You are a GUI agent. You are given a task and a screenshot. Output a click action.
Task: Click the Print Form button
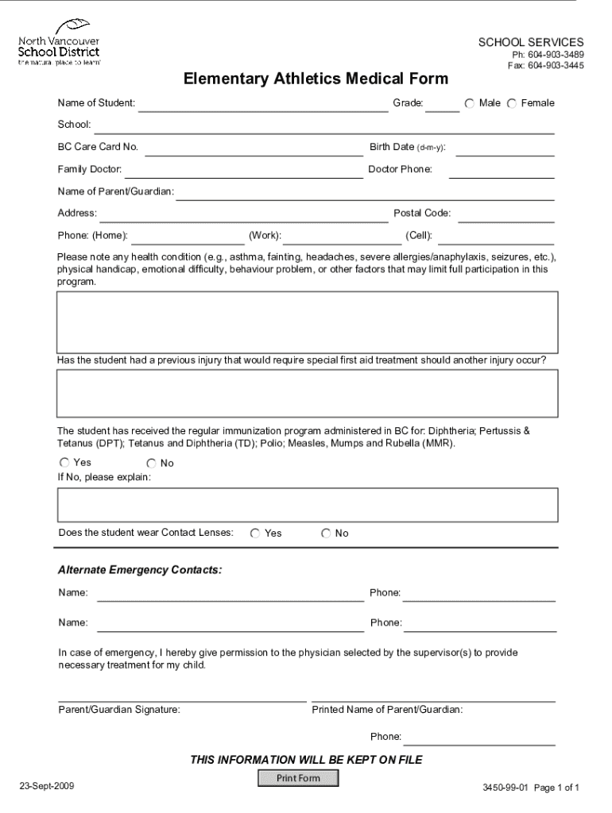tap(298, 778)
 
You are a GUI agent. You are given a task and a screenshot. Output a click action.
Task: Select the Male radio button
tap(470, 104)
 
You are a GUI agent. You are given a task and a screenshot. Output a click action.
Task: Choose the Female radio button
tap(512, 104)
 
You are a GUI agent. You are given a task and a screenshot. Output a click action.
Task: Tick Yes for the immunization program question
tap(64, 462)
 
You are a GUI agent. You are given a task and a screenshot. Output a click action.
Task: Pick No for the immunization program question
tap(151, 463)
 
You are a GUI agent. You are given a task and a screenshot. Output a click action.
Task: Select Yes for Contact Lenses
tap(255, 534)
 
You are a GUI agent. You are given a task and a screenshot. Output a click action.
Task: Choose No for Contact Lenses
tap(326, 534)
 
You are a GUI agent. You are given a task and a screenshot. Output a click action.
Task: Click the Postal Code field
tap(506, 215)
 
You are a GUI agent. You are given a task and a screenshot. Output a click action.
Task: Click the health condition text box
tap(307, 322)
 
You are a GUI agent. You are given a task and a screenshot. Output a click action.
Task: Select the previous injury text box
tap(307, 393)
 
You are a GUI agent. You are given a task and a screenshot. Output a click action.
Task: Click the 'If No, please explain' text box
tap(307, 505)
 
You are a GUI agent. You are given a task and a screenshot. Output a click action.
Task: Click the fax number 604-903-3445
tap(546, 66)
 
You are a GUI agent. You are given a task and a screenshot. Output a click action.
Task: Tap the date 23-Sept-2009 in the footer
tap(48, 786)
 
